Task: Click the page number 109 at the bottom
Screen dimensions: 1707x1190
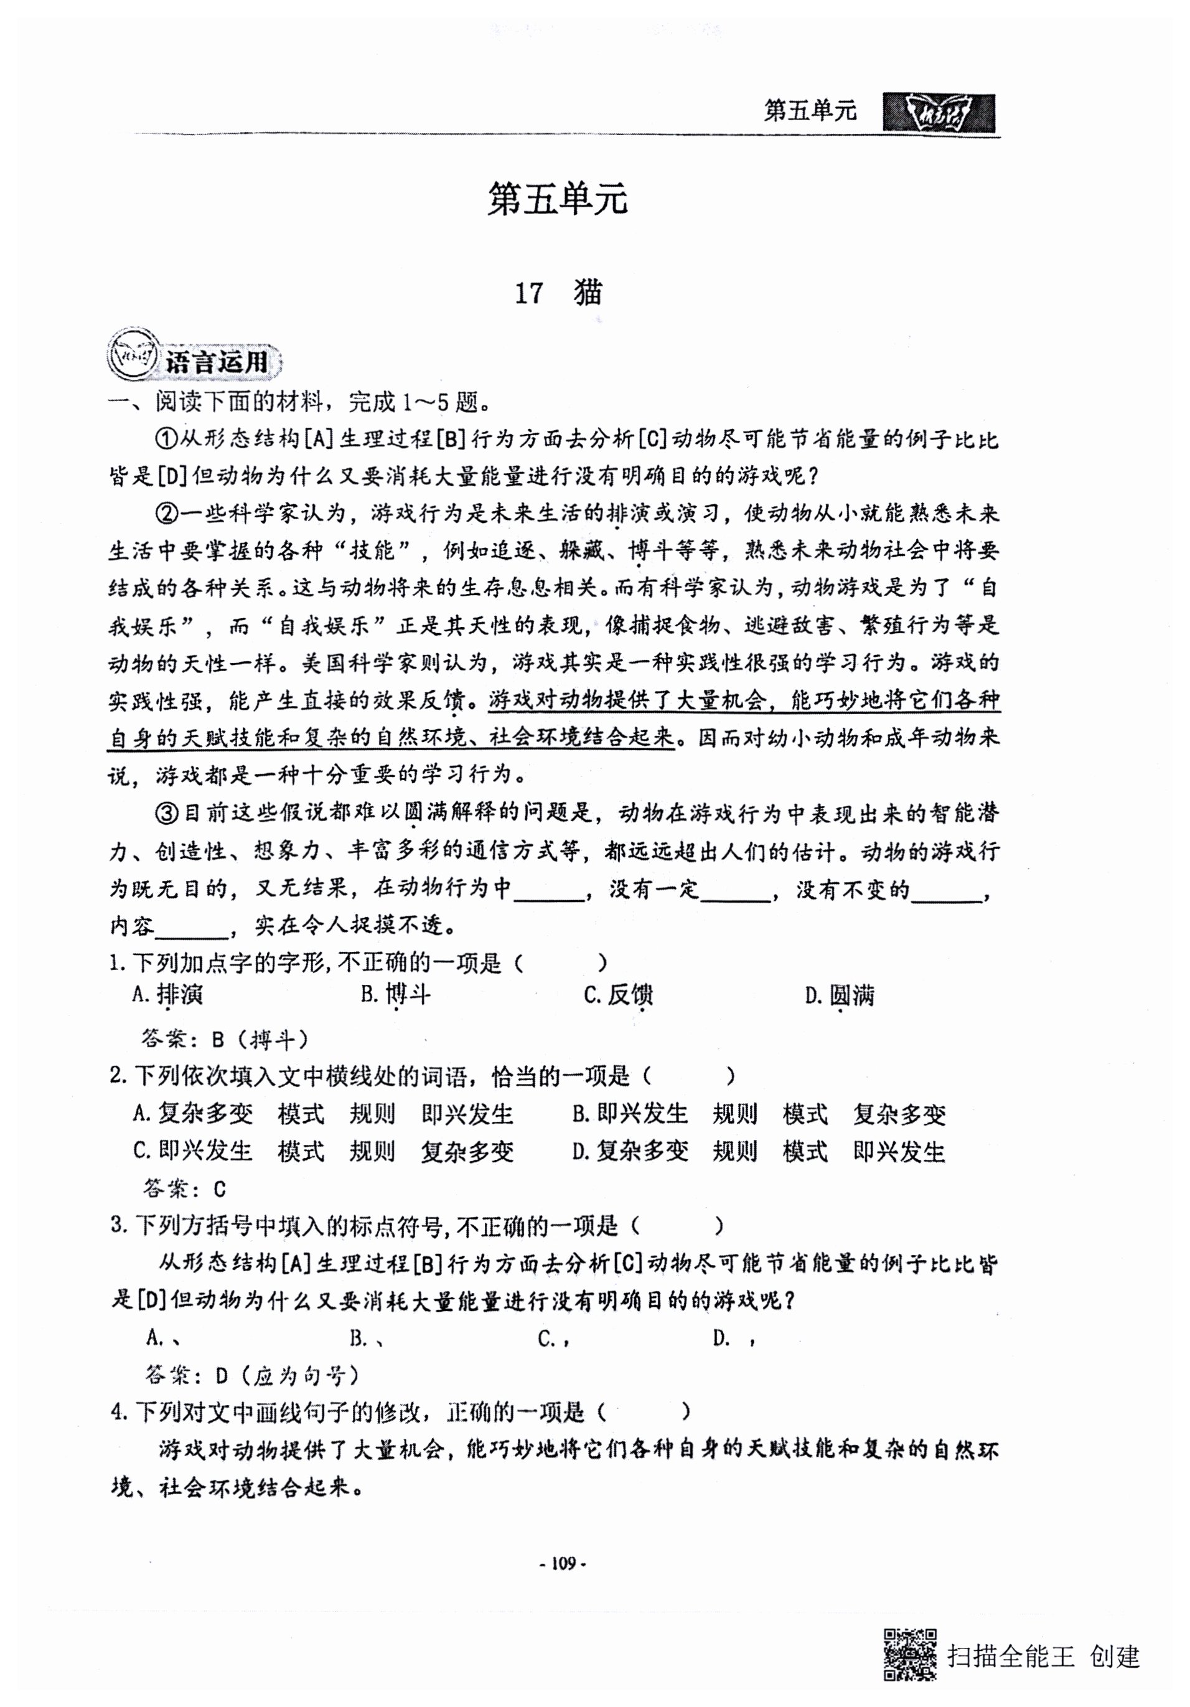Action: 562,1564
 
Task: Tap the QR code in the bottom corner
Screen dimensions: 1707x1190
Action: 908,1655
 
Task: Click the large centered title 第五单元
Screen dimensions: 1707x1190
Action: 558,200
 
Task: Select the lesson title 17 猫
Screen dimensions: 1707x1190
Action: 558,294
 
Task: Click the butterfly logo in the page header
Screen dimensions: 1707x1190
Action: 938,113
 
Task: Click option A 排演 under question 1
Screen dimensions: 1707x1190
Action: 168,995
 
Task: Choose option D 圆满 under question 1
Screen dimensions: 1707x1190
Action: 840,995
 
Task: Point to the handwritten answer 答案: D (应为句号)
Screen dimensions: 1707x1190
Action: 252,1376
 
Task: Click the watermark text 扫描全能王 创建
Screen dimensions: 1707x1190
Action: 1043,1656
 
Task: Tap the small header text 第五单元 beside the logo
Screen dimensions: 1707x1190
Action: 810,111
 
